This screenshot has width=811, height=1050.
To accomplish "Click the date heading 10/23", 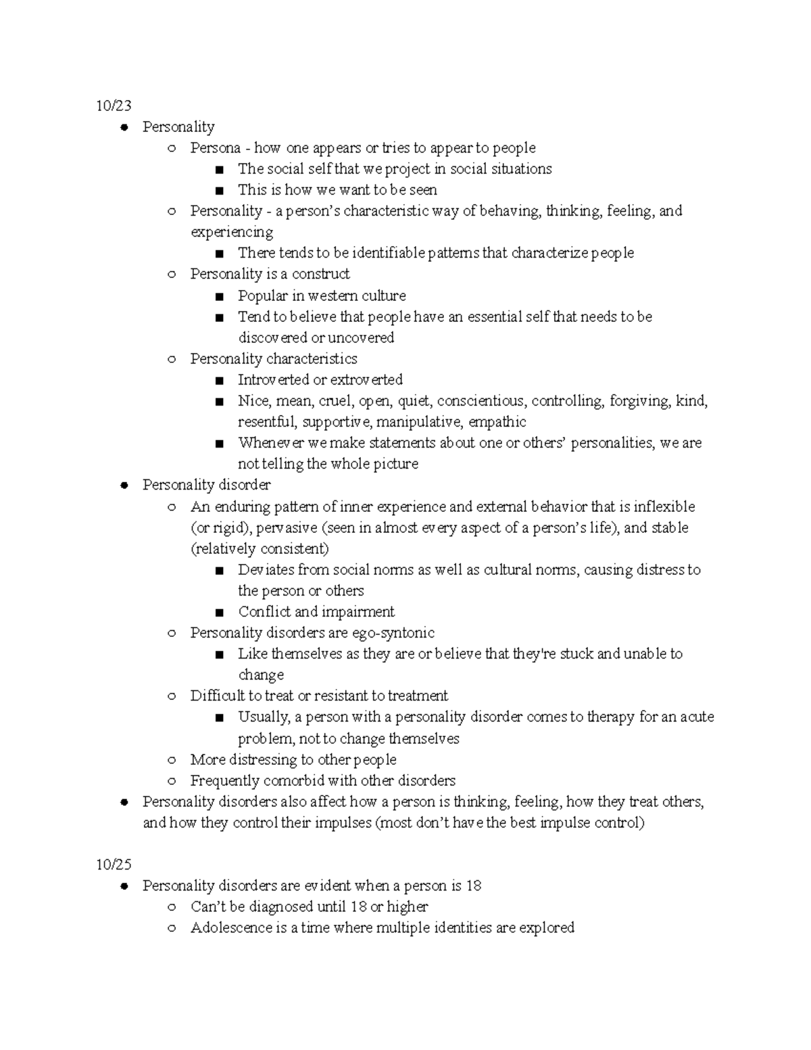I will click(x=113, y=105).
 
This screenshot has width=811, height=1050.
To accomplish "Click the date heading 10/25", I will click(x=113, y=865).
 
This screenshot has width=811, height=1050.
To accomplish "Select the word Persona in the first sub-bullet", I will click(x=215, y=148).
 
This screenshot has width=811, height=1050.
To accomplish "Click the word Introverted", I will click(x=273, y=380).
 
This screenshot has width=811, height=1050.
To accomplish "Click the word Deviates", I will click(x=266, y=570).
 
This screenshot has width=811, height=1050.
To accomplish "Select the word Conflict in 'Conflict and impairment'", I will click(x=264, y=612).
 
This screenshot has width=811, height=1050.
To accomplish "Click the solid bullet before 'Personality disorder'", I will click(x=124, y=485).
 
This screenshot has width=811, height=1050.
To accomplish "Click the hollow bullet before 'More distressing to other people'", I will click(x=172, y=760).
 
